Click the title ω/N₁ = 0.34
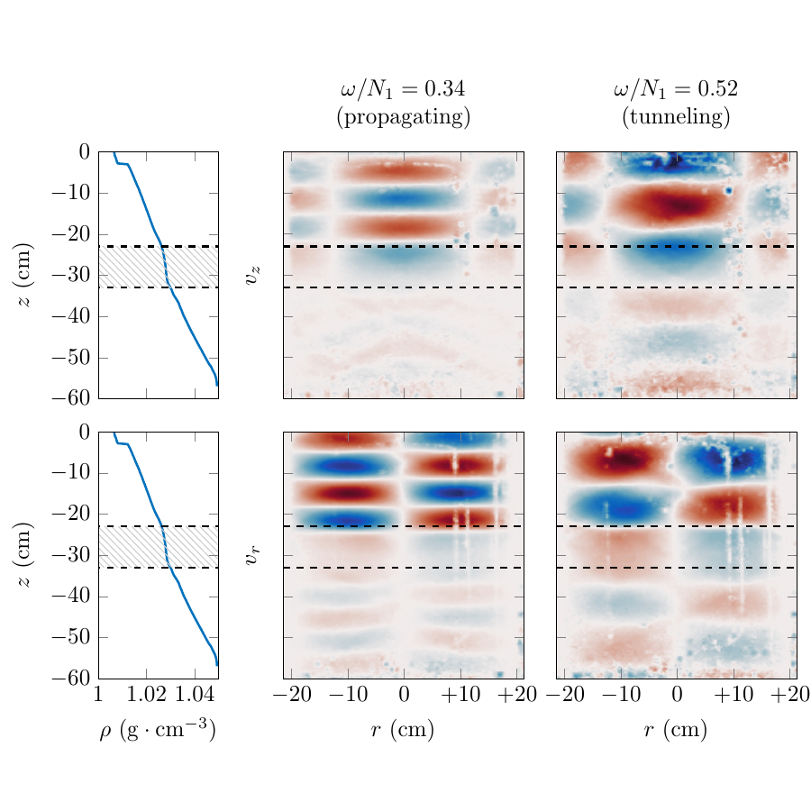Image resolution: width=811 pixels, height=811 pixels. point(403,89)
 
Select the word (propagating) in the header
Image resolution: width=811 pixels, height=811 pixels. point(403,117)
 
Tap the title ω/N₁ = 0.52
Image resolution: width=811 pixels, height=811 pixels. point(676,89)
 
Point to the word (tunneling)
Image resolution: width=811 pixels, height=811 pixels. point(676,117)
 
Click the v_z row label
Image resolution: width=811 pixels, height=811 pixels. point(254,276)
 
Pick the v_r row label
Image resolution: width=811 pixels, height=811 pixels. point(254,556)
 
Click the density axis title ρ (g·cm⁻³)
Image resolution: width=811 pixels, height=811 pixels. point(158,731)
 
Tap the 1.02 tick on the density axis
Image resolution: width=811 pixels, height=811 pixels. point(146,695)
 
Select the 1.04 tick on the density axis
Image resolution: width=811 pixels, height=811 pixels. point(195,695)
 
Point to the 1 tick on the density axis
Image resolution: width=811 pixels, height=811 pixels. point(98,695)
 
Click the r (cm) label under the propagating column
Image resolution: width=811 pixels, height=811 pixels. point(403,731)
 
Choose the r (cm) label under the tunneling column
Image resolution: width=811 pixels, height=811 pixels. point(676,731)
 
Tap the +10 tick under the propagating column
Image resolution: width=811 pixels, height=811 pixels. point(460,695)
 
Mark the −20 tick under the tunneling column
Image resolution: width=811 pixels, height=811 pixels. point(565,695)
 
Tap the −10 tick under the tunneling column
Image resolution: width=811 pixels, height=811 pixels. point(621,695)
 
